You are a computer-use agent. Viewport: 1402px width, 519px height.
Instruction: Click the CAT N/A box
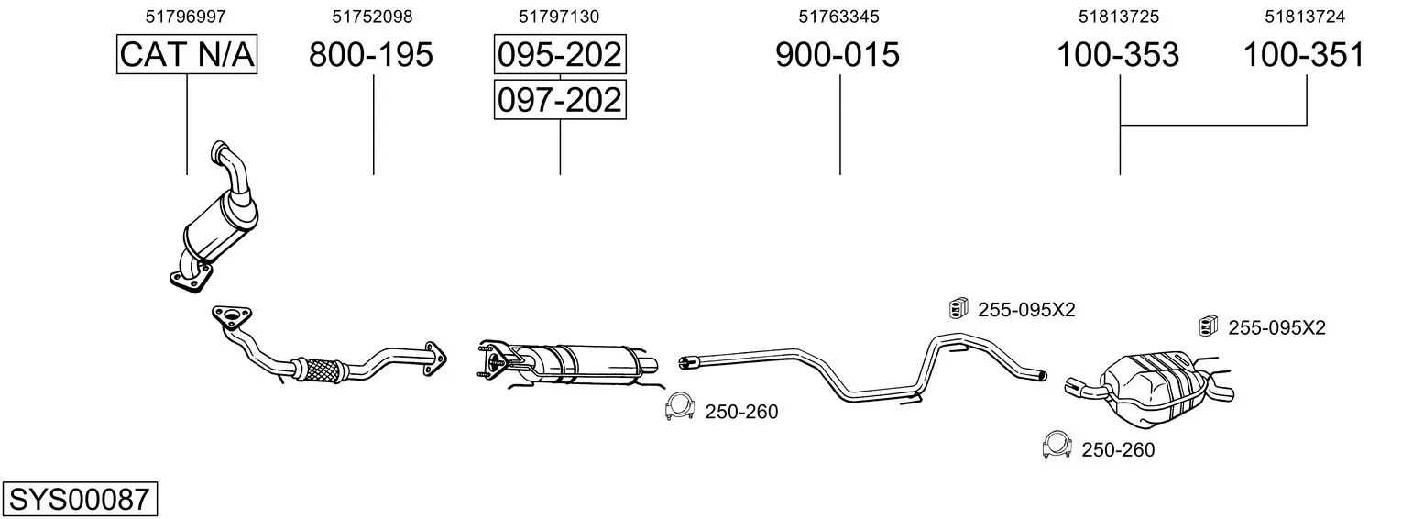tap(187, 54)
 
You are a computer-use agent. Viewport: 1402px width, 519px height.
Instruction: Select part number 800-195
tap(371, 54)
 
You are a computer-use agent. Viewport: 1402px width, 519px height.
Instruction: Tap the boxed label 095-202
tap(560, 54)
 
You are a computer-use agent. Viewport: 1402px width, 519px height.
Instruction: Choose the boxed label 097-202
tap(560, 99)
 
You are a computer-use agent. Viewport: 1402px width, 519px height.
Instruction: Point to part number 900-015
tap(838, 54)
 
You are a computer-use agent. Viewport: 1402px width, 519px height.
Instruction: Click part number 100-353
tap(1118, 54)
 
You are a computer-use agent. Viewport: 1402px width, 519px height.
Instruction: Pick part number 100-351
tap(1304, 54)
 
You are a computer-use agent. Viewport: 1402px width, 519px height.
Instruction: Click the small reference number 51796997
tap(185, 17)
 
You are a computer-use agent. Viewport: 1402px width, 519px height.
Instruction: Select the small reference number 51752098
tap(372, 17)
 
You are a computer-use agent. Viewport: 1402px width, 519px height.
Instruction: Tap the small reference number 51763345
tap(838, 17)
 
